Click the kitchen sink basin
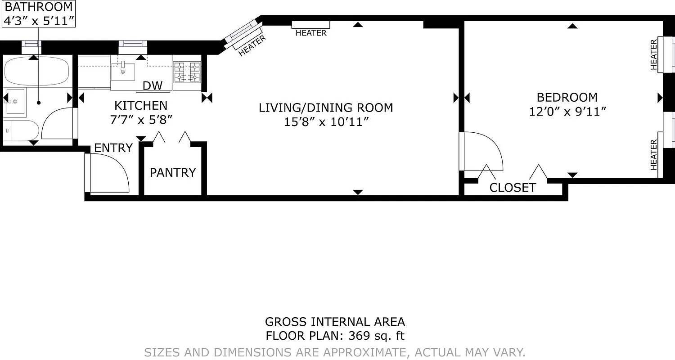point(123,72)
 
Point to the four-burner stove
point(187,72)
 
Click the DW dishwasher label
point(150,86)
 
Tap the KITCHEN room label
point(140,106)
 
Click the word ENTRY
point(113,148)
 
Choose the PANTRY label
point(173,173)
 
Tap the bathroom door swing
point(58,123)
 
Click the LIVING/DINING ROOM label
point(326,108)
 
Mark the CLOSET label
point(513,188)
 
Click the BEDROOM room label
point(567,97)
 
